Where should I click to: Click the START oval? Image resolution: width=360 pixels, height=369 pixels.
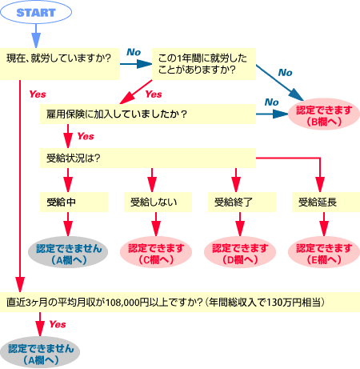tap(36, 12)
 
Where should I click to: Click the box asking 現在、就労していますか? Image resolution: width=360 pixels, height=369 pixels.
tap(60, 64)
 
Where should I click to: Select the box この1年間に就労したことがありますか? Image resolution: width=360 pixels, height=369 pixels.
tap(204, 64)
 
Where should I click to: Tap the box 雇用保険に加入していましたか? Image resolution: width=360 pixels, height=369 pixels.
tap(148, 114)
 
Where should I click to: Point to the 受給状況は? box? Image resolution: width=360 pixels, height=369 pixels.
tap(148, 158)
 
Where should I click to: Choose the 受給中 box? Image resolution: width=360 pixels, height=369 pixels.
tap(74, 203)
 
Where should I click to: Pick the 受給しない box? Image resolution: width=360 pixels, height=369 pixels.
tap(158, 203)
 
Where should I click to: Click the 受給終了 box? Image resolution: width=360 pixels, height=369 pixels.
tap(242, 203)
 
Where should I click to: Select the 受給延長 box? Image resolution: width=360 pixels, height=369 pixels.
tap(326, 203)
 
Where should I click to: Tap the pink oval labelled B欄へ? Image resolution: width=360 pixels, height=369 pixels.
tap(324, 114)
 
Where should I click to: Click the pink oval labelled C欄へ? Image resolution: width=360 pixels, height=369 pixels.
tap(156, 252)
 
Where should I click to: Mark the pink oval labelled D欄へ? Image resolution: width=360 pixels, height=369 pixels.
tap(240, 252)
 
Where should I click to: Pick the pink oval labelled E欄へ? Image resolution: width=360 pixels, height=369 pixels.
tap(324, 252)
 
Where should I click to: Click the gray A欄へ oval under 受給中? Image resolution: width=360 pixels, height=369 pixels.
tap(68, 252)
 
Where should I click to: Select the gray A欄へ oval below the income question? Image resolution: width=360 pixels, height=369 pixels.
tap(40, 352)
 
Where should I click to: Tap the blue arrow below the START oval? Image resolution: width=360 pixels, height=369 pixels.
tap(36, 36)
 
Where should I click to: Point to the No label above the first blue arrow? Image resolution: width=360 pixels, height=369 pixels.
tap(134, 52)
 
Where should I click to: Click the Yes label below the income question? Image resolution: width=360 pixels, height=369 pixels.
tap(58, 324)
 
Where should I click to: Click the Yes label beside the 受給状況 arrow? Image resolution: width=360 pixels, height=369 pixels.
tap(86, 136)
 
